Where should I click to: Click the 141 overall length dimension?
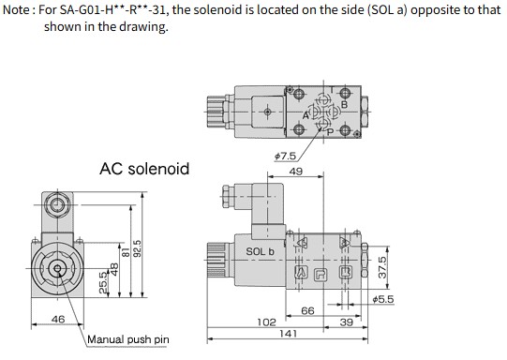288,334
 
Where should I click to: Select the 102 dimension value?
267,322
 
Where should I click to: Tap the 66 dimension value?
307,311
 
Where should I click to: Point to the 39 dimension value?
347,322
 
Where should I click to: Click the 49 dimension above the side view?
296,172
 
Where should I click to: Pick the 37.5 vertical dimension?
382,267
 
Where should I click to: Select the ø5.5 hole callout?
383,299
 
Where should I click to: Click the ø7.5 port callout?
285,157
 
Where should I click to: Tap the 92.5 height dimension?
138,248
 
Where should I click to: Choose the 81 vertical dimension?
126,252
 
